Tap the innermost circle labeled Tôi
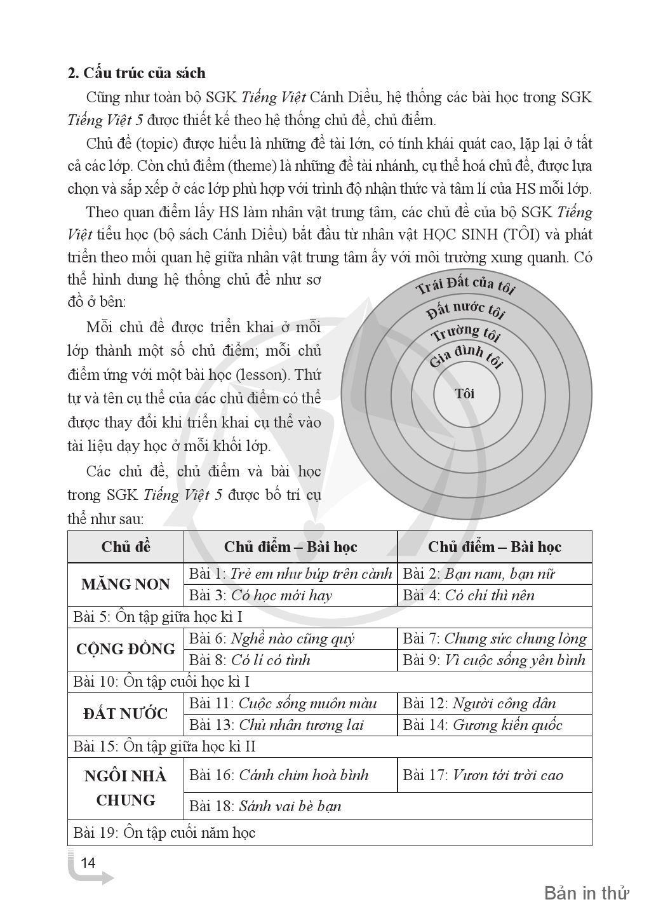[x=465, y=394]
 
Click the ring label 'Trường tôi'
[x=465, y=332]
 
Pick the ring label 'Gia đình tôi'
[x=465, y=356]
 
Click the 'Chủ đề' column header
[x=126, y=547]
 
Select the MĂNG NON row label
[x=126, y=584]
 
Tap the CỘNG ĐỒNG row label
[x=126, y=649]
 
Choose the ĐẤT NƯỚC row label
[x=126, y=714]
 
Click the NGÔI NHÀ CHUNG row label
[x=126, y=788]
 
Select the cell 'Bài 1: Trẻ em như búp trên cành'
[x=290, y=574]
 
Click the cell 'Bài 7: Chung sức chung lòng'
[x=494, y=638]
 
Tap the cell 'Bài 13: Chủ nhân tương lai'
[x=276, y=725]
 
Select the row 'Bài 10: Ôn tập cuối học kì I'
[x=162, y=682]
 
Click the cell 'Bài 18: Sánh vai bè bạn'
[x=265, y=806]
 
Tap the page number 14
[x=88, y=863]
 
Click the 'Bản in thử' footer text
[x=586, y=893]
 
